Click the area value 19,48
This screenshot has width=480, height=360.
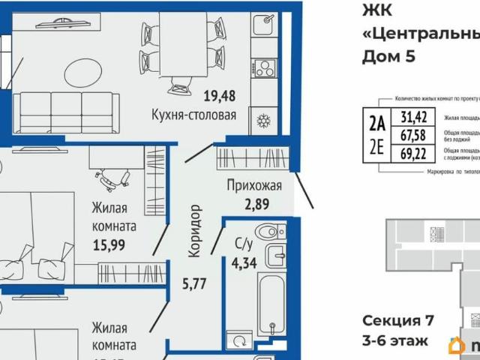coord(220,95)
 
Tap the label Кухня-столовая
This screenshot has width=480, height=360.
coord(194,115)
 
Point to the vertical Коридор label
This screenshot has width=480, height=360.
coord(195,232)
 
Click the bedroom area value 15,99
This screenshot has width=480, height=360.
coord(108,243)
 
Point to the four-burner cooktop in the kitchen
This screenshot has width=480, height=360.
coord(264,69)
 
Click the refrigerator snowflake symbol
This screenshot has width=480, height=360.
coord(263,120)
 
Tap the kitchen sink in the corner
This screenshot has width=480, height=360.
coord(264,25)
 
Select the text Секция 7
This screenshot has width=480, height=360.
coord(398,321)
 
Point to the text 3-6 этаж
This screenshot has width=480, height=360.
coord(395,341)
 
